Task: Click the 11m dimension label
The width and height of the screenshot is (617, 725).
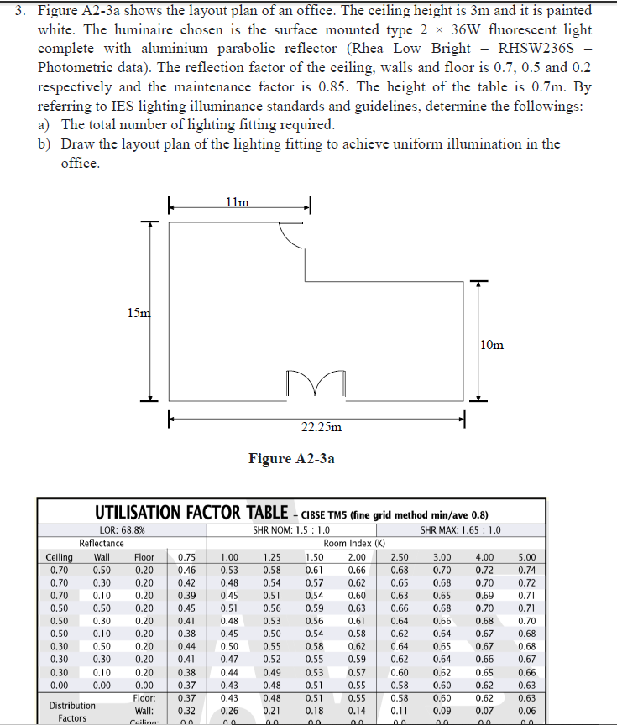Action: point(238,202)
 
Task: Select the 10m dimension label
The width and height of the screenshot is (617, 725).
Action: point(493,344)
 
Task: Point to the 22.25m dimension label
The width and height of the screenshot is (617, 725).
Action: point(321,427)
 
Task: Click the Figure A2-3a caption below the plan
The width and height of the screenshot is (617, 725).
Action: point(291,458)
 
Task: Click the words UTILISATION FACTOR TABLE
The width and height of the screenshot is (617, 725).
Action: point(191,513)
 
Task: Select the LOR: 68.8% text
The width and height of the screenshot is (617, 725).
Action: point(123,530)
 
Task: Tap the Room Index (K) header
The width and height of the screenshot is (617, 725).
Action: point(354,543)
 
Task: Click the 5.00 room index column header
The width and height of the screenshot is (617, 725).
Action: point(526,556)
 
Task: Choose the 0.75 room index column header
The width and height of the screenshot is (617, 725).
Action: point(187,556)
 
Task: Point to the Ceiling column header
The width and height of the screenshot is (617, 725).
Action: point(59,556)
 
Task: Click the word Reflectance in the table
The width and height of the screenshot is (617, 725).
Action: point(101,543)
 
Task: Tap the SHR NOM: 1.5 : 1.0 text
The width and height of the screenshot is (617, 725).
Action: point(291,530)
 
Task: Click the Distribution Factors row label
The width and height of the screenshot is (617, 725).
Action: point(71,712)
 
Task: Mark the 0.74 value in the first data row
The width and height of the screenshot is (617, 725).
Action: point(526,569)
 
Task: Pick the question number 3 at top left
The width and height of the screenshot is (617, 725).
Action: point(23,10)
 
